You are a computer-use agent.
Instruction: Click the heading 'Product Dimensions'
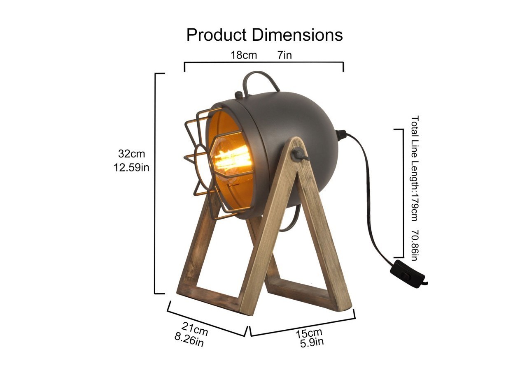pyautogui.click(x=264, y=35)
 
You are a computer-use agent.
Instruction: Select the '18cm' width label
pyautogui.click(x=243, y=55)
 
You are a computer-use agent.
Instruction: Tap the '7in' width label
pyautogui.click(x=284, y=55)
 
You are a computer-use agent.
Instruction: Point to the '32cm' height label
pyautogui.click(x=131, y=154)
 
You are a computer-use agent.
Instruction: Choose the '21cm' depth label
pyautogui.click(x=195, y=329)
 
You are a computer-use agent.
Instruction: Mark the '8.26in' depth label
pyautogui.click(x=189, y=340)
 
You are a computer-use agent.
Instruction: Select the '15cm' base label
pyautogui.click(x=309, y=333)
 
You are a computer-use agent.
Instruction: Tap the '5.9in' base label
pyautogui.click(x=312, y=342)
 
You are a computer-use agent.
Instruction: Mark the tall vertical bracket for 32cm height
pyautogui.click(x=155, y=183)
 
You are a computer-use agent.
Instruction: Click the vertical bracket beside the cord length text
pyautogui.click(x=402, y=193)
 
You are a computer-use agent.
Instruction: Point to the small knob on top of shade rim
pyautogui.click(x=238, y=95)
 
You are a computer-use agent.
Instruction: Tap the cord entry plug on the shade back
pyautogui.click(x=341, y=134)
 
